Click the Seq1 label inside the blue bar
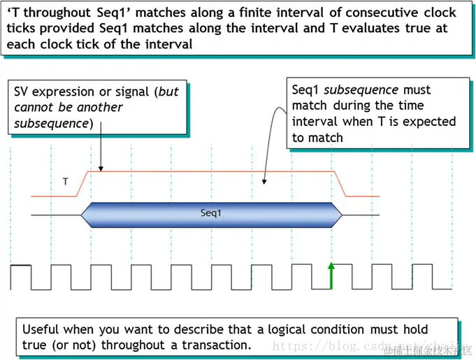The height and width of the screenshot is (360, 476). [x=210, y=213]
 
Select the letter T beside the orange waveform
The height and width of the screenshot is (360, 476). [x=66, y=182]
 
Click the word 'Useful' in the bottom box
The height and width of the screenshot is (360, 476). [x=41, y=329]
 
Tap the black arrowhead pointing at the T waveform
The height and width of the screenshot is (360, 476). [x=101, y=168]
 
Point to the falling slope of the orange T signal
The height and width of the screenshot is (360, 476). [x=343, y=184]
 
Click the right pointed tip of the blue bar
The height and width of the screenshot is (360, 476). [x=342, y=213]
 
